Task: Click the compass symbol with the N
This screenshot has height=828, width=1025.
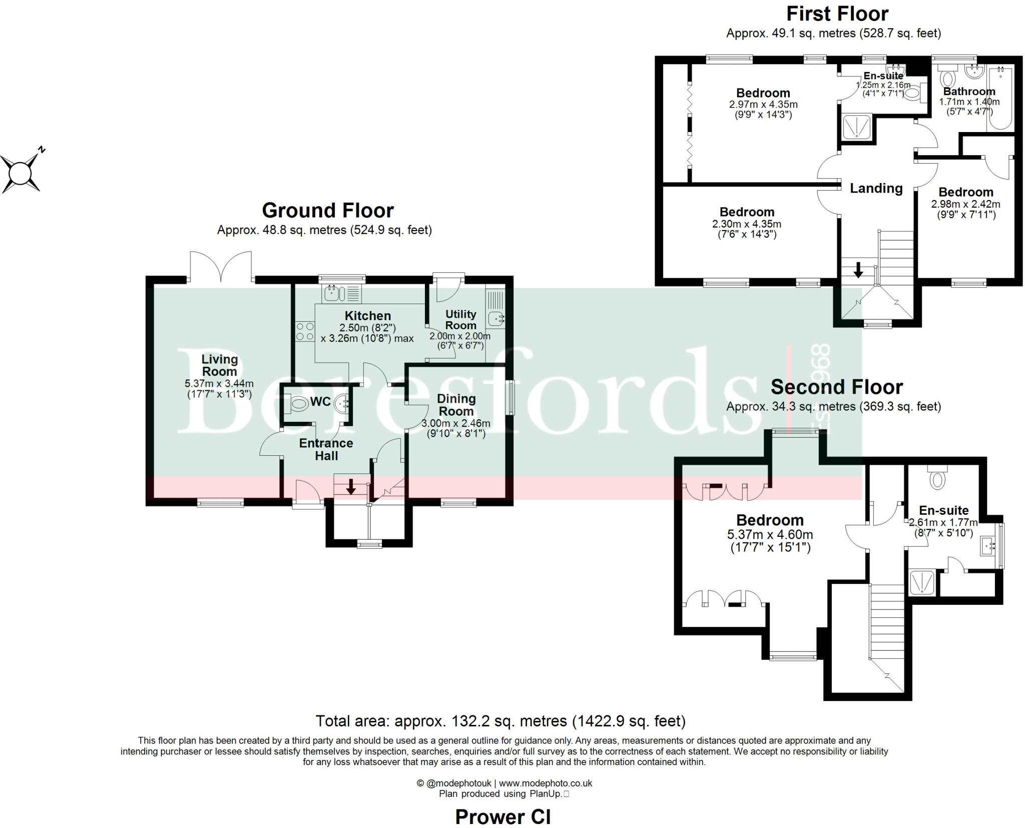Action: (x=21, y=172)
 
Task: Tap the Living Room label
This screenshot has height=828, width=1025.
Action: (x=219, y=365)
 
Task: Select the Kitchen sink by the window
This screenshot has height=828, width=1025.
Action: (x=332, y=293)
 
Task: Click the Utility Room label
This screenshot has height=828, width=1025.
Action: (x=460, y=320)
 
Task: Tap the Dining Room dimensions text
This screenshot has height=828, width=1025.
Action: (x=456, y=428)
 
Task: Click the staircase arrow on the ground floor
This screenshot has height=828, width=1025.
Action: (x=351, y=486)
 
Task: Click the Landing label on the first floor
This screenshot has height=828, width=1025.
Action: (x=876, y=189)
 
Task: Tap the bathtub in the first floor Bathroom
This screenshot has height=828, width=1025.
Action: (x=1000, y=99)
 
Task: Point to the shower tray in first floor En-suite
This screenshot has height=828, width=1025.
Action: (x=857, y=127)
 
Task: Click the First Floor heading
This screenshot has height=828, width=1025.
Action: (x=837, y=14)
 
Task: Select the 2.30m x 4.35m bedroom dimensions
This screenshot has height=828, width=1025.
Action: (x=747, y=229)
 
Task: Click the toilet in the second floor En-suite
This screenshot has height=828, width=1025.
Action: (x=936, y=478)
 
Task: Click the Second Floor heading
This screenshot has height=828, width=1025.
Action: (x=836, y=387)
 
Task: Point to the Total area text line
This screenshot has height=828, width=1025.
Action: (x=500, y=721)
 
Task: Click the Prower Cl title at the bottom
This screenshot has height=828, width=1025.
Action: (x=502, y=817)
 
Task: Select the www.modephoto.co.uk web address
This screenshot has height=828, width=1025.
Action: (x=546, y=783)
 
